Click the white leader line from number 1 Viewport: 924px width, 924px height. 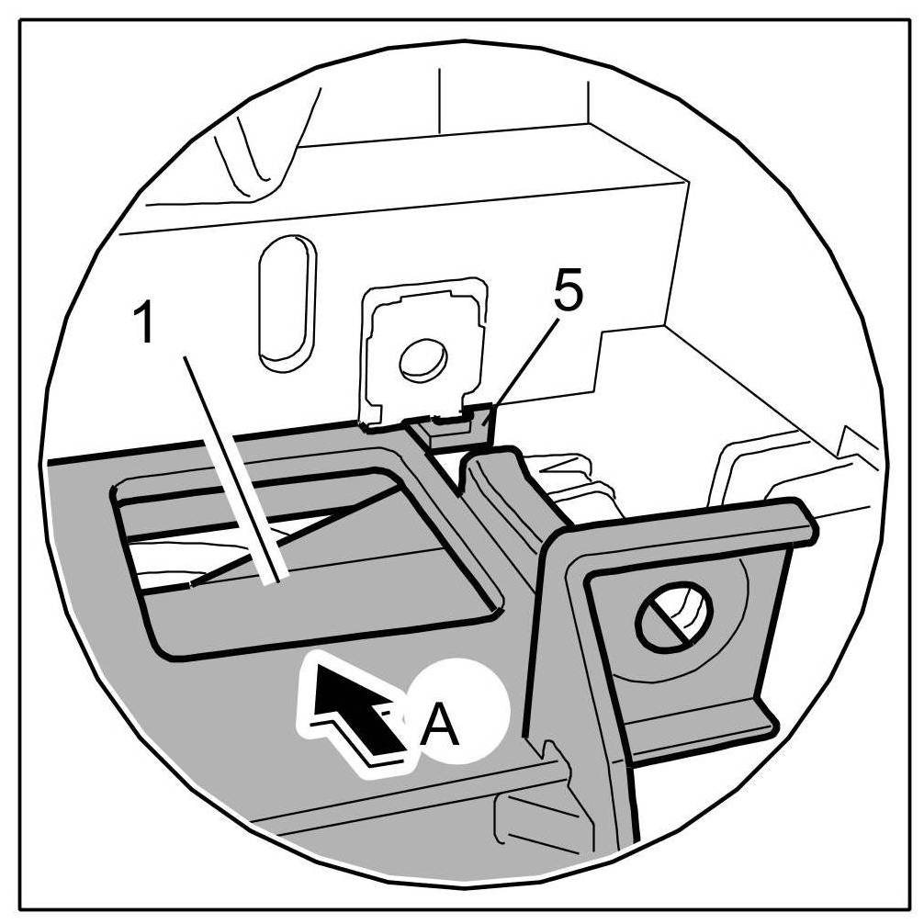click(230, 468)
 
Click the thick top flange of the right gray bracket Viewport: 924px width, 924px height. click(689, 533)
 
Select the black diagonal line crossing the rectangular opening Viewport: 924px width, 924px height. click(303, 533)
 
